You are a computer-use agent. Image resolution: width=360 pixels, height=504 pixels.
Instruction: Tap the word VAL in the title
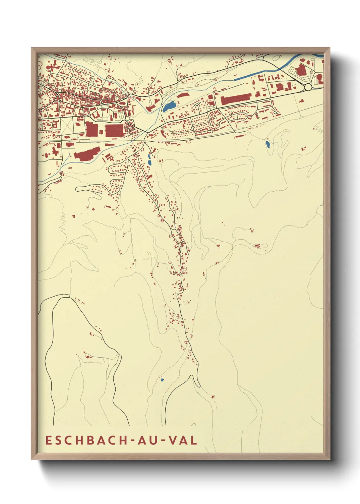184,440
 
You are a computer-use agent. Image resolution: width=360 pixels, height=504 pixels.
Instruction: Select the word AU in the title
147,440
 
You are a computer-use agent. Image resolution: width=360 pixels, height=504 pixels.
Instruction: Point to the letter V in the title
173,440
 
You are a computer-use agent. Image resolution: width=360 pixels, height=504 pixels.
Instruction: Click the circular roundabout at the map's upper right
308,87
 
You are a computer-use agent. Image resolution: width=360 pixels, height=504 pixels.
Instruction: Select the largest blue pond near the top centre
169,107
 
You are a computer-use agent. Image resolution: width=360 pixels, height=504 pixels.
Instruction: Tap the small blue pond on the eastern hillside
268,144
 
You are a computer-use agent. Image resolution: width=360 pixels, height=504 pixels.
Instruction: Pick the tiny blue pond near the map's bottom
162,379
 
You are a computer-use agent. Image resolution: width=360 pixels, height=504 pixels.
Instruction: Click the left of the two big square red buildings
91,130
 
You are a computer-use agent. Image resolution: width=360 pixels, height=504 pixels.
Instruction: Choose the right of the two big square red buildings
114,130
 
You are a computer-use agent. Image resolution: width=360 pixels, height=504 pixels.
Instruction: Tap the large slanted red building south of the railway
87,154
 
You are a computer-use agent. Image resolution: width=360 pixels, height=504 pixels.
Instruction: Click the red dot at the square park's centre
67,126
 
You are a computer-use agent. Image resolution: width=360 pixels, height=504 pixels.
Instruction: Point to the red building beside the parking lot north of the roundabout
301,70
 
